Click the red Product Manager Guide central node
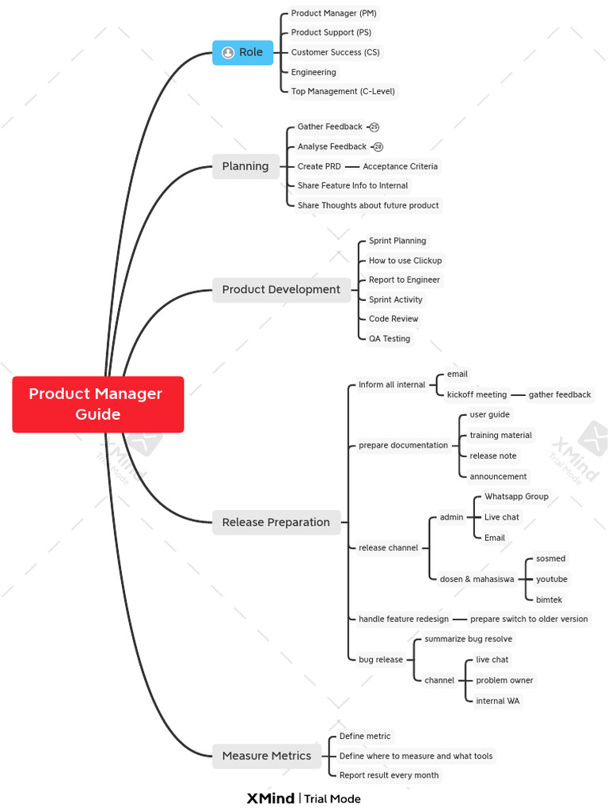point(97,404)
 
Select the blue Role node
point(242,52)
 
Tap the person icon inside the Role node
point(228,52)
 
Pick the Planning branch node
point(245,166)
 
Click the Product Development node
point(281,290)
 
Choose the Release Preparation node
point(275,523)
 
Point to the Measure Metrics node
point(267,756)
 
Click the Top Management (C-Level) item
point(343,91)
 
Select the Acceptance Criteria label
point(400,166)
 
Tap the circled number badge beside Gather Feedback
point(374,127)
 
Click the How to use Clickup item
point(405,261)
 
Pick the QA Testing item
point(389,339)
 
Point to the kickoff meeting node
point(477,394)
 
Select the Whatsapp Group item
point(516,497)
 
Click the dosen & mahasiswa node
point(477,579)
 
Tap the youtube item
point(552,579)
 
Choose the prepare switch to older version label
point(529,619)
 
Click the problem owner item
point(504,680)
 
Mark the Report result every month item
point(389,775)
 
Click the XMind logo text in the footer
point(270,798)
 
